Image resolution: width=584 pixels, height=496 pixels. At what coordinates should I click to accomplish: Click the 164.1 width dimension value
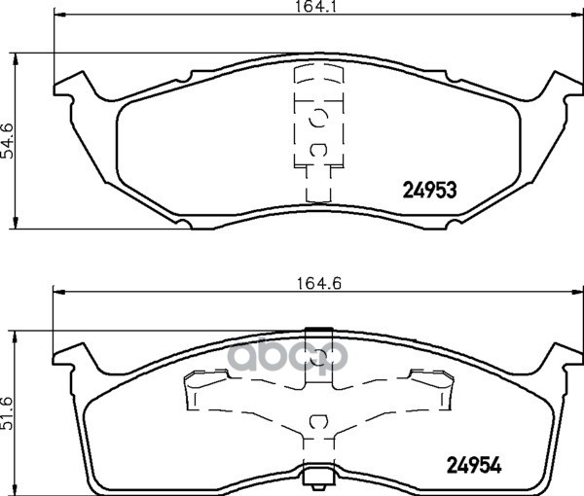(315, 7)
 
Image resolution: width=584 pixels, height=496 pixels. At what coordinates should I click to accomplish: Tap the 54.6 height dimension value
(8, 141)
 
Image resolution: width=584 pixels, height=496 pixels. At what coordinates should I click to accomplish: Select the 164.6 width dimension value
(319, 284)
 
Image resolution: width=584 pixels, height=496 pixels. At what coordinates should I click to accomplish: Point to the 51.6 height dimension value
(8, 413)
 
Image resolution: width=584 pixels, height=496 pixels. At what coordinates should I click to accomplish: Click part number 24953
(430, 191)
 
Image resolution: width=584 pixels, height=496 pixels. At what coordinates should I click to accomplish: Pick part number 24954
(474, 465)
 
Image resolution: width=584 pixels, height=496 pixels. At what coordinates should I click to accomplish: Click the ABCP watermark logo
(287, 357)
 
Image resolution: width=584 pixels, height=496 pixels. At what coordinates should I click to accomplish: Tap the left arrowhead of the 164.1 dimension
(59, 15)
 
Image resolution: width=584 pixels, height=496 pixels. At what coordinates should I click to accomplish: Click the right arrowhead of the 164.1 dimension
(577, 15)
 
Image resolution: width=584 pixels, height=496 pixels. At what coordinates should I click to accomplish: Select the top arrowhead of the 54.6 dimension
(16, 58)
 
